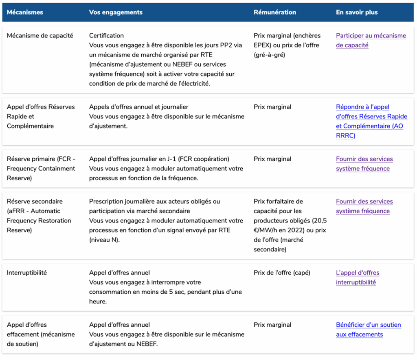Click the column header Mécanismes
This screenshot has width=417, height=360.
pyautogui.click(x=25, y=12)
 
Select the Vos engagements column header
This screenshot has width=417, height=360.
pyautogui.click(x=116, y=12)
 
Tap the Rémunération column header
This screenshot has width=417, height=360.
pyautogui.click(x=274, y=12)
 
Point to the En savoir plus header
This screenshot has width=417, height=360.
pyautogui.click(x=357, y=12)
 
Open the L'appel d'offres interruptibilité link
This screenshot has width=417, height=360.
pyautogui.click(x=357, y=277)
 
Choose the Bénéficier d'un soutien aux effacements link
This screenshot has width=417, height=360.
pyautogui.click(x=368, y=329)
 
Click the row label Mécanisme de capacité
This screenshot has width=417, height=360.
pyautogui.click(x=40, y=36)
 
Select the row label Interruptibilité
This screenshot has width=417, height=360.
pyautogui.click(x=27, y=273)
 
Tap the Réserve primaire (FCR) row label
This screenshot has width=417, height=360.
pyautogui.click(x=41, y=168)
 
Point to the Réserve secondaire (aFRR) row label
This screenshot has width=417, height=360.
pyautogui.click(x=39, y=216)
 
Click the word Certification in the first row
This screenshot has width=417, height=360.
pyautogui.click(x=106, y=36)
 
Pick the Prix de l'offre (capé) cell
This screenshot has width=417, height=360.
pyautogui.click(x=282, y=273)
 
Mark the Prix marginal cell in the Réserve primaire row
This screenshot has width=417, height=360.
pyautogui.click(x=272, y=159)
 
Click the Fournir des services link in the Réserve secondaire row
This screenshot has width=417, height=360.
pyautogui.click(x=364, y=206)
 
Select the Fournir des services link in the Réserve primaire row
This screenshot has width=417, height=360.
pyautogui.click(x=364, y=164)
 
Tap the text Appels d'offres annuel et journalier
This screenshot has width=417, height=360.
pyautogui.click(x=138, y=107)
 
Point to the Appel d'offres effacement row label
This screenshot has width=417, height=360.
pyautogui.click(x=41, y=334)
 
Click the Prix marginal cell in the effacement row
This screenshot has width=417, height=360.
pyautogui.click(x=272, y=325)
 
